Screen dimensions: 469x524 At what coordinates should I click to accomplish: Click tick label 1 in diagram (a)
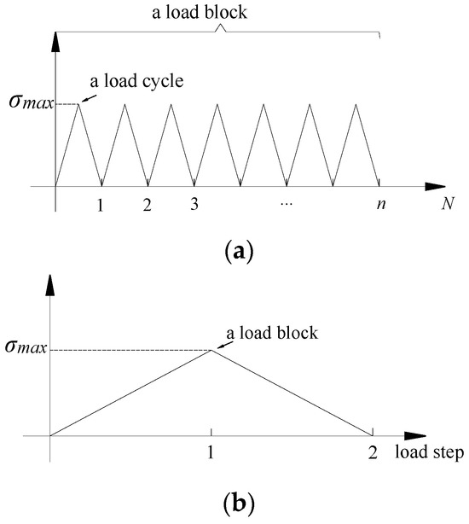click(x=100, y=205)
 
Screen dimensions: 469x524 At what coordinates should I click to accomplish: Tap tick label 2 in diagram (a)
click(x=147, y=205)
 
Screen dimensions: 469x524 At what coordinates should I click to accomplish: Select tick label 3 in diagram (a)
click(x=194, y=204)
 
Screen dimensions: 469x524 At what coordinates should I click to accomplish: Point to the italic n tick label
click(x=381, y=204)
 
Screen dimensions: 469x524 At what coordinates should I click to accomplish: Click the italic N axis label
click(x=448, y=203)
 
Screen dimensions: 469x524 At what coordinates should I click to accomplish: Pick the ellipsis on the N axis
click(x=287, y=203)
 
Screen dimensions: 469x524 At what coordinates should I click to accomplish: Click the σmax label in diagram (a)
click(x=31, y=102)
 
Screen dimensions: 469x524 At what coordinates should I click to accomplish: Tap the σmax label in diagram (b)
click(x=26, y=346)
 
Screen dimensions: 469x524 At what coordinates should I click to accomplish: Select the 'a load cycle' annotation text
click(x=136, y=81)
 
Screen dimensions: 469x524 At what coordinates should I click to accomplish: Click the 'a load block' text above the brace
click(x=200, y=13)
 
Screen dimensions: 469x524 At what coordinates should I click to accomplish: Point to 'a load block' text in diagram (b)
click(x=272, y=333)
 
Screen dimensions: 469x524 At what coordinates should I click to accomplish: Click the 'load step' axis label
click(x=430, y=452)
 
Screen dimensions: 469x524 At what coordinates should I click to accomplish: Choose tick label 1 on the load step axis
click(x=211, y=452)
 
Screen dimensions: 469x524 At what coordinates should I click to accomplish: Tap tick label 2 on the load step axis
click(x=373, y=453)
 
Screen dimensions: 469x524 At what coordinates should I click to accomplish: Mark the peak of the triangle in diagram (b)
click(x=211, y=350)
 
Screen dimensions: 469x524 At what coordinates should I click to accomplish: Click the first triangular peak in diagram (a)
click(x=78, y=104)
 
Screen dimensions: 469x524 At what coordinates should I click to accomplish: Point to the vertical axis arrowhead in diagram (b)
click(x=50, y=285)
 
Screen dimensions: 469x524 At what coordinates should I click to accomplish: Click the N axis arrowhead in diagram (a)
click(x=435, y=186)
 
